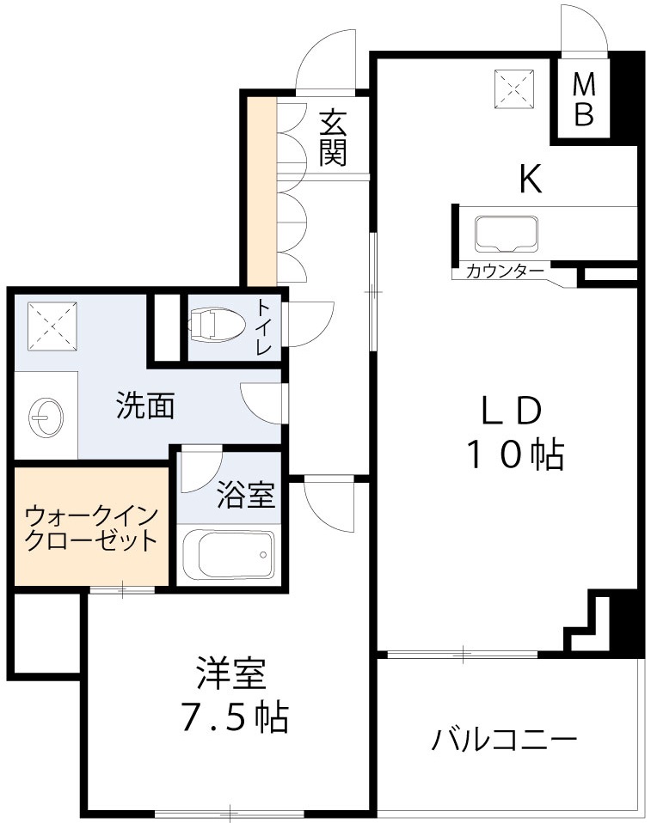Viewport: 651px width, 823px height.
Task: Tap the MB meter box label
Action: click(x=584, y=100)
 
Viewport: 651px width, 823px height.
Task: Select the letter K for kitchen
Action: click(x=530, y=180)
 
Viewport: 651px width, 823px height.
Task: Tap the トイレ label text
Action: click(x=263, y=326)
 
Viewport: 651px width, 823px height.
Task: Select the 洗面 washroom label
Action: click(x=146, y=405)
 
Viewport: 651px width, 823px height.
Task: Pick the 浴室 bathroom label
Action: click(x=245, y=496)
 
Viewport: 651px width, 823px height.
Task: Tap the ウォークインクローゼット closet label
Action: click(x=91, y=528)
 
